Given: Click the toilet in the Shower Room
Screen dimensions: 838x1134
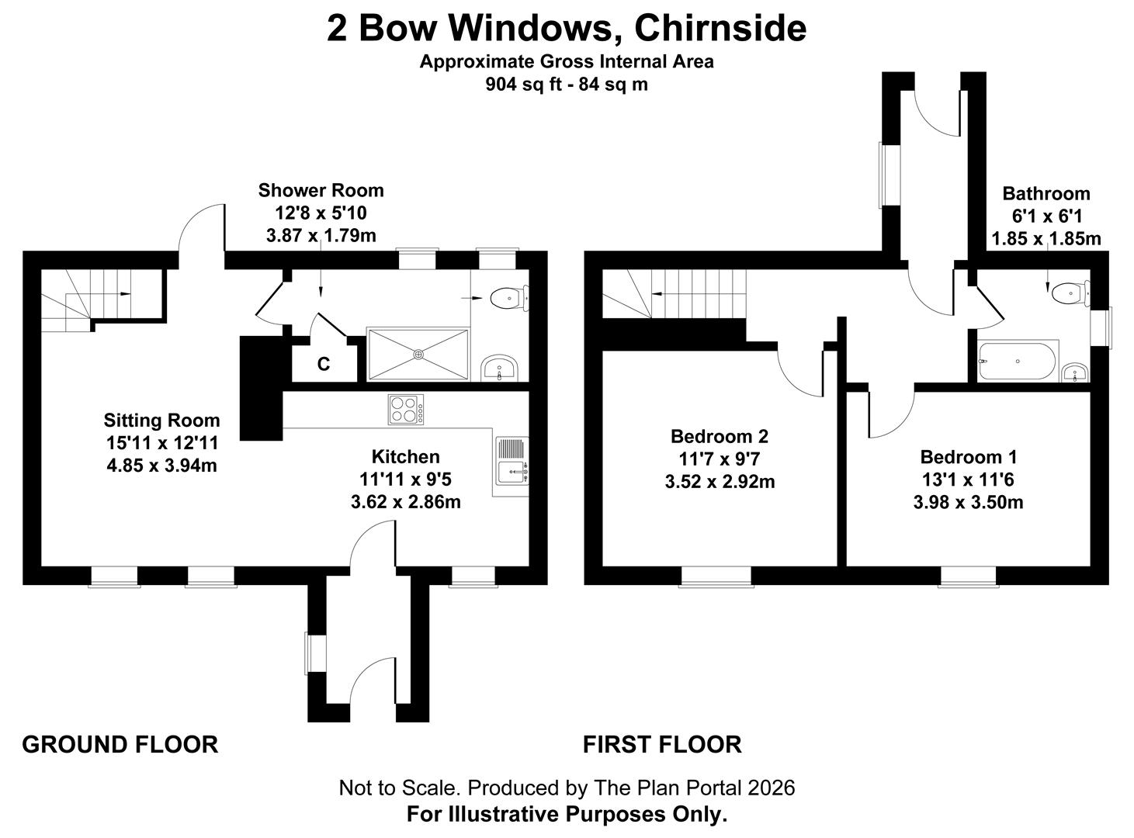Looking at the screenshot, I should (x=508, y=296).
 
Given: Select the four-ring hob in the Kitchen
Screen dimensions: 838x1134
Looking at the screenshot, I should (x=406, y=410).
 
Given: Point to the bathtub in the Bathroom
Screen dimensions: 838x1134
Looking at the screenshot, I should (x=1018, y=361).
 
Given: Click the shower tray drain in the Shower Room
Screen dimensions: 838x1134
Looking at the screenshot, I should (x=418, y=354).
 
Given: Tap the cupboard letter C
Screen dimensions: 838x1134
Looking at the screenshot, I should (x=324, y=363).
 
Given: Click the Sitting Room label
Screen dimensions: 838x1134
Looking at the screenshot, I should (x=161, y=421).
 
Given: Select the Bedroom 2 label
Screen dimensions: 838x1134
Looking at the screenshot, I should (x=720, y=436).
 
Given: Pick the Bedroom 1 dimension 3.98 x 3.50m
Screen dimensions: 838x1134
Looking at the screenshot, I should (x=968, y=502).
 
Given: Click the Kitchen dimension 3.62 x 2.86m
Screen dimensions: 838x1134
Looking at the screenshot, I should (x=405, y=501).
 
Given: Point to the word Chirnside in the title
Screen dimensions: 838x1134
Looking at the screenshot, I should (x=720, y=29).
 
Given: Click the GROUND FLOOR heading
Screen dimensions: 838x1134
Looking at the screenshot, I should (x=120, y=744).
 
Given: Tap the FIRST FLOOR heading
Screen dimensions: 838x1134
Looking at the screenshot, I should (x=662, y=744).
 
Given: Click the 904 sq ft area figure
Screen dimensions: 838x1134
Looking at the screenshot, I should (x=523, y=84).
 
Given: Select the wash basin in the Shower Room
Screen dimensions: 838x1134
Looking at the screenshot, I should (x=498, y=369).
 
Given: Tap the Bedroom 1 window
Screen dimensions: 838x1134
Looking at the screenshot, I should (x=967, y=576).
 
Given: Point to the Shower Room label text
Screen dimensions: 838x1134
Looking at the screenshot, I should (x=321, y=190).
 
